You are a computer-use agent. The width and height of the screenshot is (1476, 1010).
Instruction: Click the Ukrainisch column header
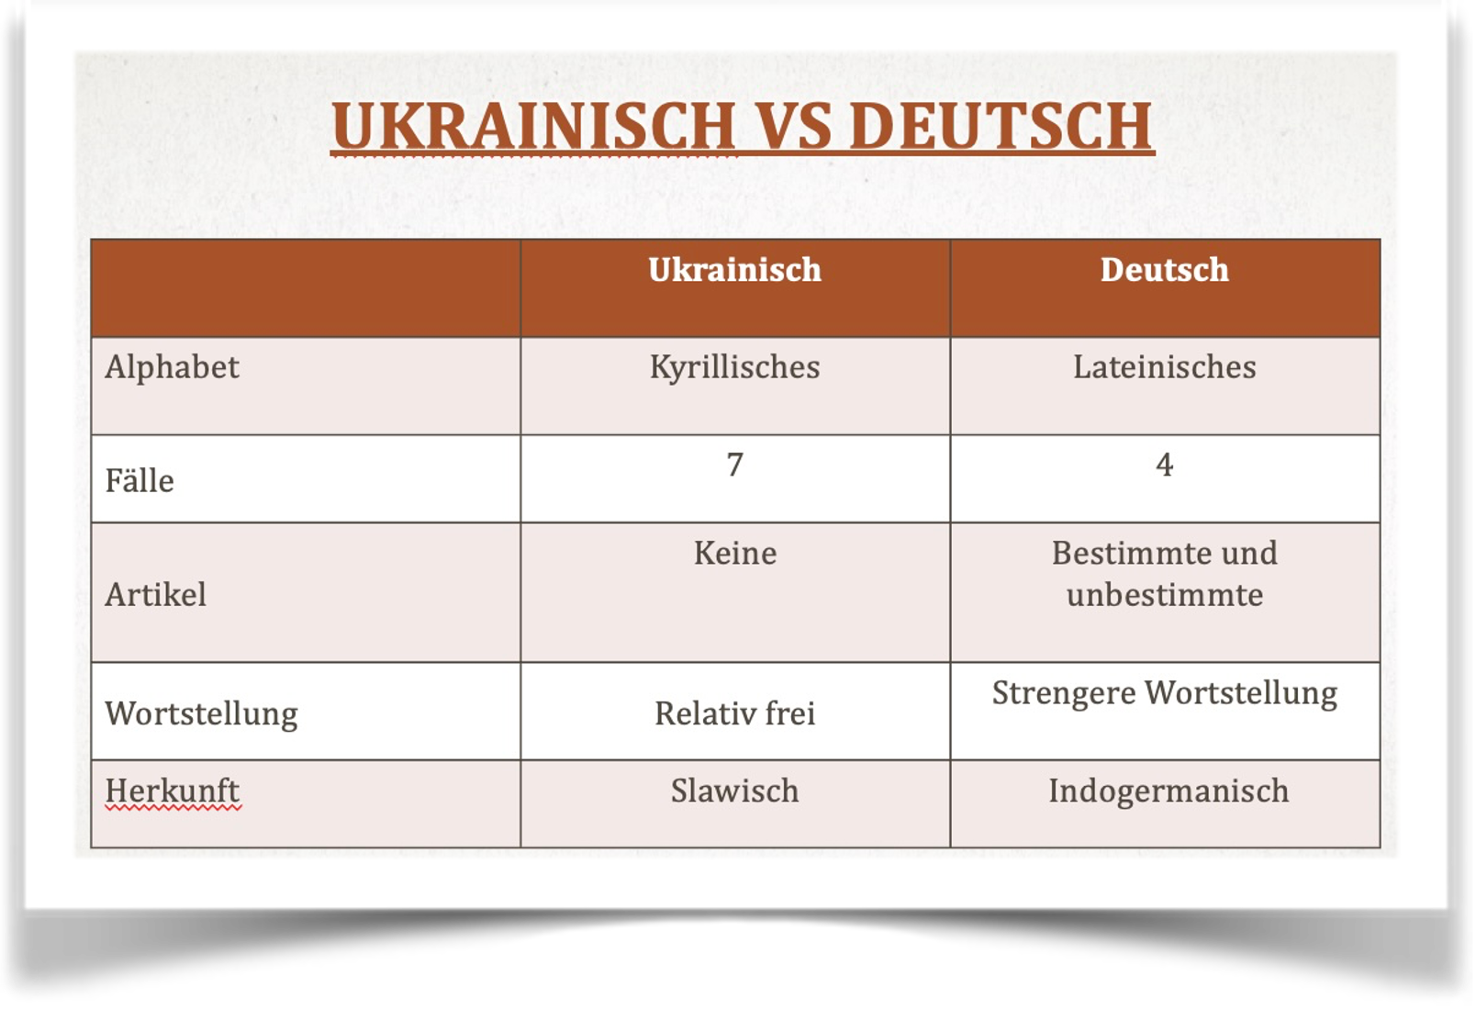734,270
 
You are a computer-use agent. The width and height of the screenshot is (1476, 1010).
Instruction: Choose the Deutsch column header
1164,270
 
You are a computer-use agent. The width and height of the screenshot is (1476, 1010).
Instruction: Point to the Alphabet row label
172,367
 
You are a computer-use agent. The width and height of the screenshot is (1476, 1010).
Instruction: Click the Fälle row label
140,480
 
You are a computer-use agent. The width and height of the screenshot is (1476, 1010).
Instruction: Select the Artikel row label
155,594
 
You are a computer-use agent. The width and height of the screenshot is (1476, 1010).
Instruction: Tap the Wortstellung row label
202,714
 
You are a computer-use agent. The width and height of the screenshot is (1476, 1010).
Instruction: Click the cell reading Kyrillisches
734,368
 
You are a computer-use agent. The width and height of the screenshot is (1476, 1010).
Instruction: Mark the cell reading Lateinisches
1164,366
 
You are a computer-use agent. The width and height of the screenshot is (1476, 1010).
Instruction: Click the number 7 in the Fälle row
734,464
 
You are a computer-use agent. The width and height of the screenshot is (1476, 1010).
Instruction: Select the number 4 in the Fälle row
1164,464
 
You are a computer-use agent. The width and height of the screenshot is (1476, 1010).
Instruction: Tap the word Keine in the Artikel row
734,553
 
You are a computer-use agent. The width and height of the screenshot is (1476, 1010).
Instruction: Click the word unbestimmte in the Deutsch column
1164,595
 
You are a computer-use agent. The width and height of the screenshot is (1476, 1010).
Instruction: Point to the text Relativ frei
734,713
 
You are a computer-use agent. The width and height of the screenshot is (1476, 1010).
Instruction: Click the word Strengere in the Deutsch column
1064,694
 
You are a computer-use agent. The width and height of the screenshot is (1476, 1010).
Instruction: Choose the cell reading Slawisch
734,791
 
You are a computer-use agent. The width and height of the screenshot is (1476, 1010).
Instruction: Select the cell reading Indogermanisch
1168,791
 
